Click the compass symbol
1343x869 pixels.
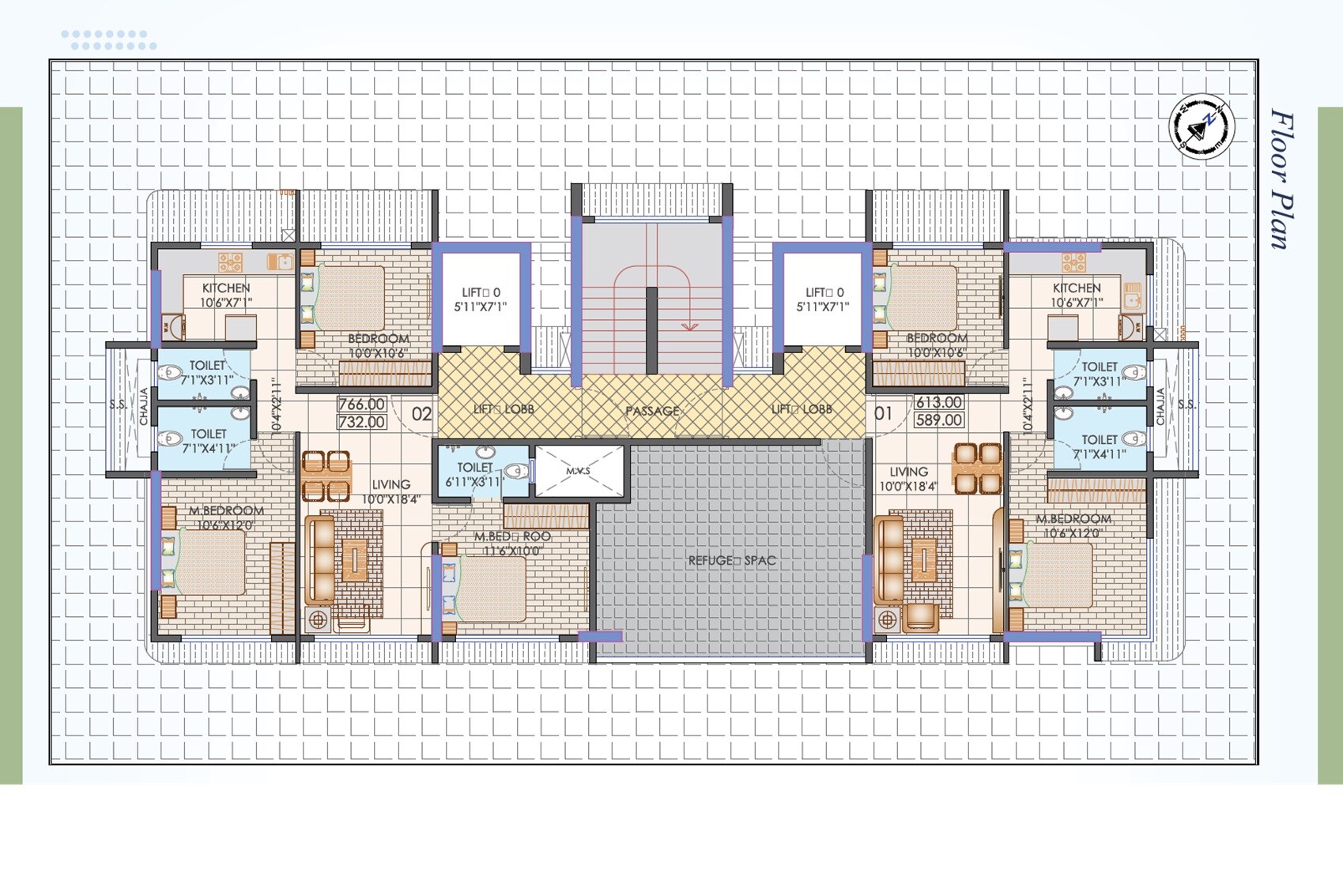(x=1202, y=126)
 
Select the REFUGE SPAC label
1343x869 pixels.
(x=732, y=560)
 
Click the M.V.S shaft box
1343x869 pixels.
(x=579, y=471)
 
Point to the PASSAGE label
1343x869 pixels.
(x=652, y=411)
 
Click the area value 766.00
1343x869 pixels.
(x=362, y=404)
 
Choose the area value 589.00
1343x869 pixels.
(x=939, y=420)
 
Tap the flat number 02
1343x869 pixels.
(x=422, y=414)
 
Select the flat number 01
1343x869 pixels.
(x=883, y=413)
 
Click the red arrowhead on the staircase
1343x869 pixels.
(x=690, y=325)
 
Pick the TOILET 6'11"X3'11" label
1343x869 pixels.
(x=474, y=474)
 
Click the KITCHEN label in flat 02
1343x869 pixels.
(x=226, y=295)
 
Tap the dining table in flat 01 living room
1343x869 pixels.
(x=978, y=468)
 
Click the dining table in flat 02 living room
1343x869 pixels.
(x=326, y=476)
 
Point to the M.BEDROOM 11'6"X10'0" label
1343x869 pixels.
(x=512, y=544)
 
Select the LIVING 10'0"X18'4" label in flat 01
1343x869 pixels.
(x=908, y=479)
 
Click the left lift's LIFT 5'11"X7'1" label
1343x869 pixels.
(x=481, y=299)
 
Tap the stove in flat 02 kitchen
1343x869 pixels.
(x=230, y=261)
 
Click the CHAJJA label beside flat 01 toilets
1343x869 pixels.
(x=1160, y=406)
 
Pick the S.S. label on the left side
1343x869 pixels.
(x=118, y=404)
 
